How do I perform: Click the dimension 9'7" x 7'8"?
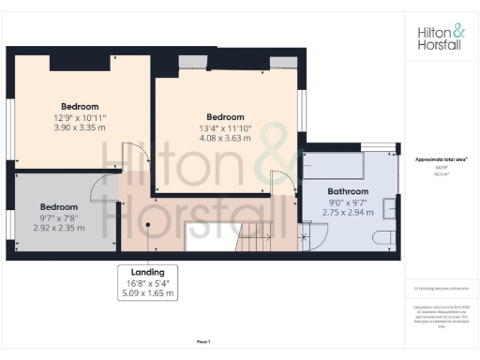(x=58, y=217)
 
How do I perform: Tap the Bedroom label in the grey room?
(x=58, y=206)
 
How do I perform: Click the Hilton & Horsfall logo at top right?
(x=439, y=37)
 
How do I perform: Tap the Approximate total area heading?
(x=438, y=158)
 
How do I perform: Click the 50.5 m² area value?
(x=438, y=173)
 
